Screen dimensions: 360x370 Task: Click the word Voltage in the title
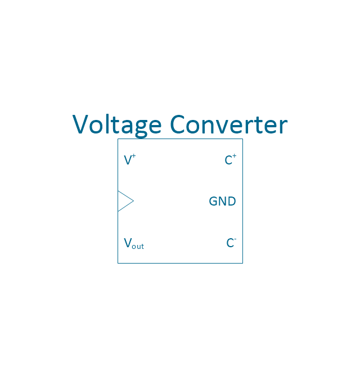117,126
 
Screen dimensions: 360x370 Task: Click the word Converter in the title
229,124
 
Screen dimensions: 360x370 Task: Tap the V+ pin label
130,159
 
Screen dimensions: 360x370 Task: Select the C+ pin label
231,159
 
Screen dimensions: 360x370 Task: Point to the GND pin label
222,201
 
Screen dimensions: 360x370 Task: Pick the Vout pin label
134,243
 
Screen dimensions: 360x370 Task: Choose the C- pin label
231,243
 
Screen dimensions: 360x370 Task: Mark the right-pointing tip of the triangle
134,201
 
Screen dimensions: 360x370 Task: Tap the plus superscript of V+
134,156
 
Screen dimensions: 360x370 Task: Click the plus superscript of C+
235,156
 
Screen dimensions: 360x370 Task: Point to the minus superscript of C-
235,239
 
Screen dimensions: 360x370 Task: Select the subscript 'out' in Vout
138,247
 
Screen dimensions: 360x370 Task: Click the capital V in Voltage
80,124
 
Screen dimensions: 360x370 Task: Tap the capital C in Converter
177,124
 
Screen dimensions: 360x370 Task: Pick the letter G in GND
213,201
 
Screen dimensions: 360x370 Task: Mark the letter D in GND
232,201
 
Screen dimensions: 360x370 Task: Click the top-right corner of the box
242,139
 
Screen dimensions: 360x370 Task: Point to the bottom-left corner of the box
118,263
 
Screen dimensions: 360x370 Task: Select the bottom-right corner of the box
242,263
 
